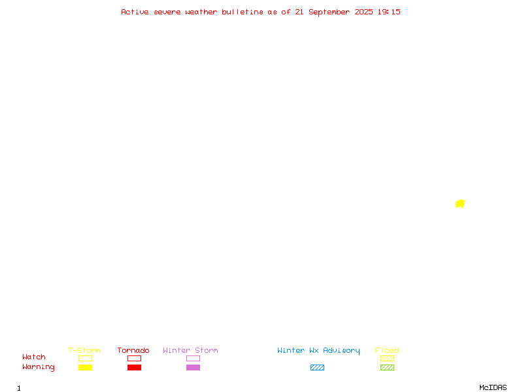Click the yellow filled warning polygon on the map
(460, 204)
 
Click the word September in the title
(329, 12)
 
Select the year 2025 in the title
(363, 12)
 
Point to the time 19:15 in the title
(389, 12)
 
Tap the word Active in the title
(135, 12)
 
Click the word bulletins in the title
(243, 12)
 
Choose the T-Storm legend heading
(84, 350)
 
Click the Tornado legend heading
(133, 350)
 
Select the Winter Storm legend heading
(190, 350)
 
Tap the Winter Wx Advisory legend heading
(318, 351)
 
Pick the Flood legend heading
(387, 350)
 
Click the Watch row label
(34, 357)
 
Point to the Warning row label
(39, 367)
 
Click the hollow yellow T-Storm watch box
(86, 355)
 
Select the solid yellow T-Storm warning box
(86, 367)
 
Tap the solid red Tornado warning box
(135, 367)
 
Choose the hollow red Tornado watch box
(135, 355)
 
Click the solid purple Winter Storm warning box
(193, 367)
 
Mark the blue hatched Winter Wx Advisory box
(317, 367)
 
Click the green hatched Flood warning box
(387, 367)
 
